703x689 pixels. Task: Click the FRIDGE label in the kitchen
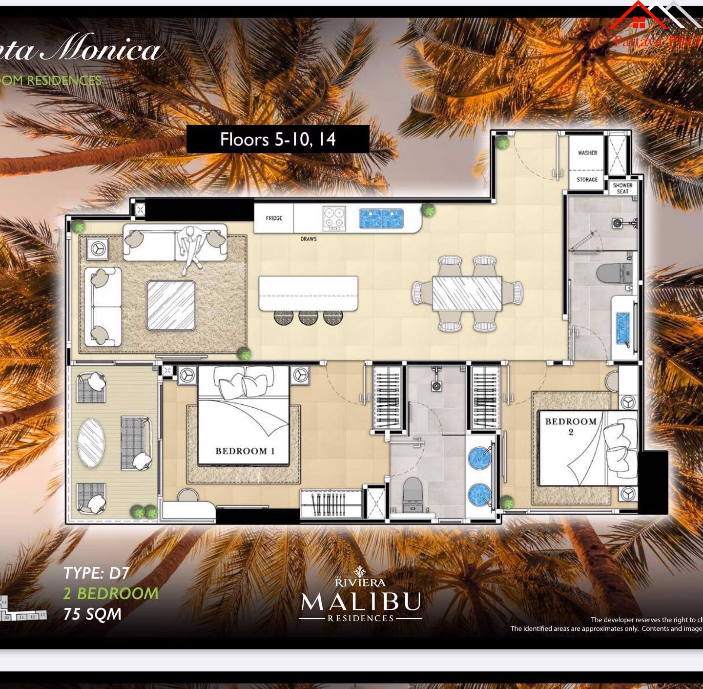click(274, 218)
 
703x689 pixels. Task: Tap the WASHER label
click(587, 153)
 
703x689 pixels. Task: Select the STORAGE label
click(587, 180)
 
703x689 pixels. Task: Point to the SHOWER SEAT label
click(622, 188)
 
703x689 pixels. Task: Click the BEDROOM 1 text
click(245, 451)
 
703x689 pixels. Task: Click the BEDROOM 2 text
click(571, 426)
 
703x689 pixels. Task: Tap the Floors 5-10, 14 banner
click(278, 140)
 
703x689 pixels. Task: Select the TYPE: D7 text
click(96, 573)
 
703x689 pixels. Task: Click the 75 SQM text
click(92, 614)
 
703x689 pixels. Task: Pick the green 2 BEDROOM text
click(111, 593)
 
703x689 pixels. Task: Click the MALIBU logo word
click(361, 602)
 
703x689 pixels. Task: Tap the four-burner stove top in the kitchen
click(334, 218)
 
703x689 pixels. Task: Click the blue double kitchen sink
click(381, 219)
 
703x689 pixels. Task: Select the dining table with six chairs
click(467, 293)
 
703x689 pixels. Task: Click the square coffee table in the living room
click(171, 306)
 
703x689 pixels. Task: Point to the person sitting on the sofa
click(190, 247)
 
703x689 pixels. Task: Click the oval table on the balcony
click(91, 443)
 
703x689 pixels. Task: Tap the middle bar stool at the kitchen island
click(308, 317)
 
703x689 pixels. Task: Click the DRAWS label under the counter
click(309, 239)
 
